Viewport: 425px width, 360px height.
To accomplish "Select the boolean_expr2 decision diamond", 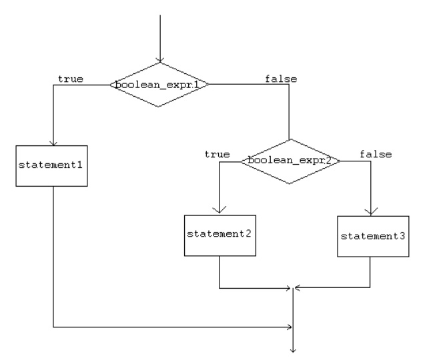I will tap(290, 161).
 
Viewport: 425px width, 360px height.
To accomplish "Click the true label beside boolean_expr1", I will tap(71, 79).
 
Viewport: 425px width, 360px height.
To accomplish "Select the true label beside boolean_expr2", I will tap(217, 154).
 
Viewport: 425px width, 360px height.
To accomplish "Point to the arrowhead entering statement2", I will tap(220, 211).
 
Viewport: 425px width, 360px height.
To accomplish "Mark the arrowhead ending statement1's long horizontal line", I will tap(290, 327).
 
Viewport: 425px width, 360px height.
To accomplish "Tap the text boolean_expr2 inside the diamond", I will tap(290, 161).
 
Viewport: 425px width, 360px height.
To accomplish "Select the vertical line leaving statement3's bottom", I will tap(370, 273).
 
